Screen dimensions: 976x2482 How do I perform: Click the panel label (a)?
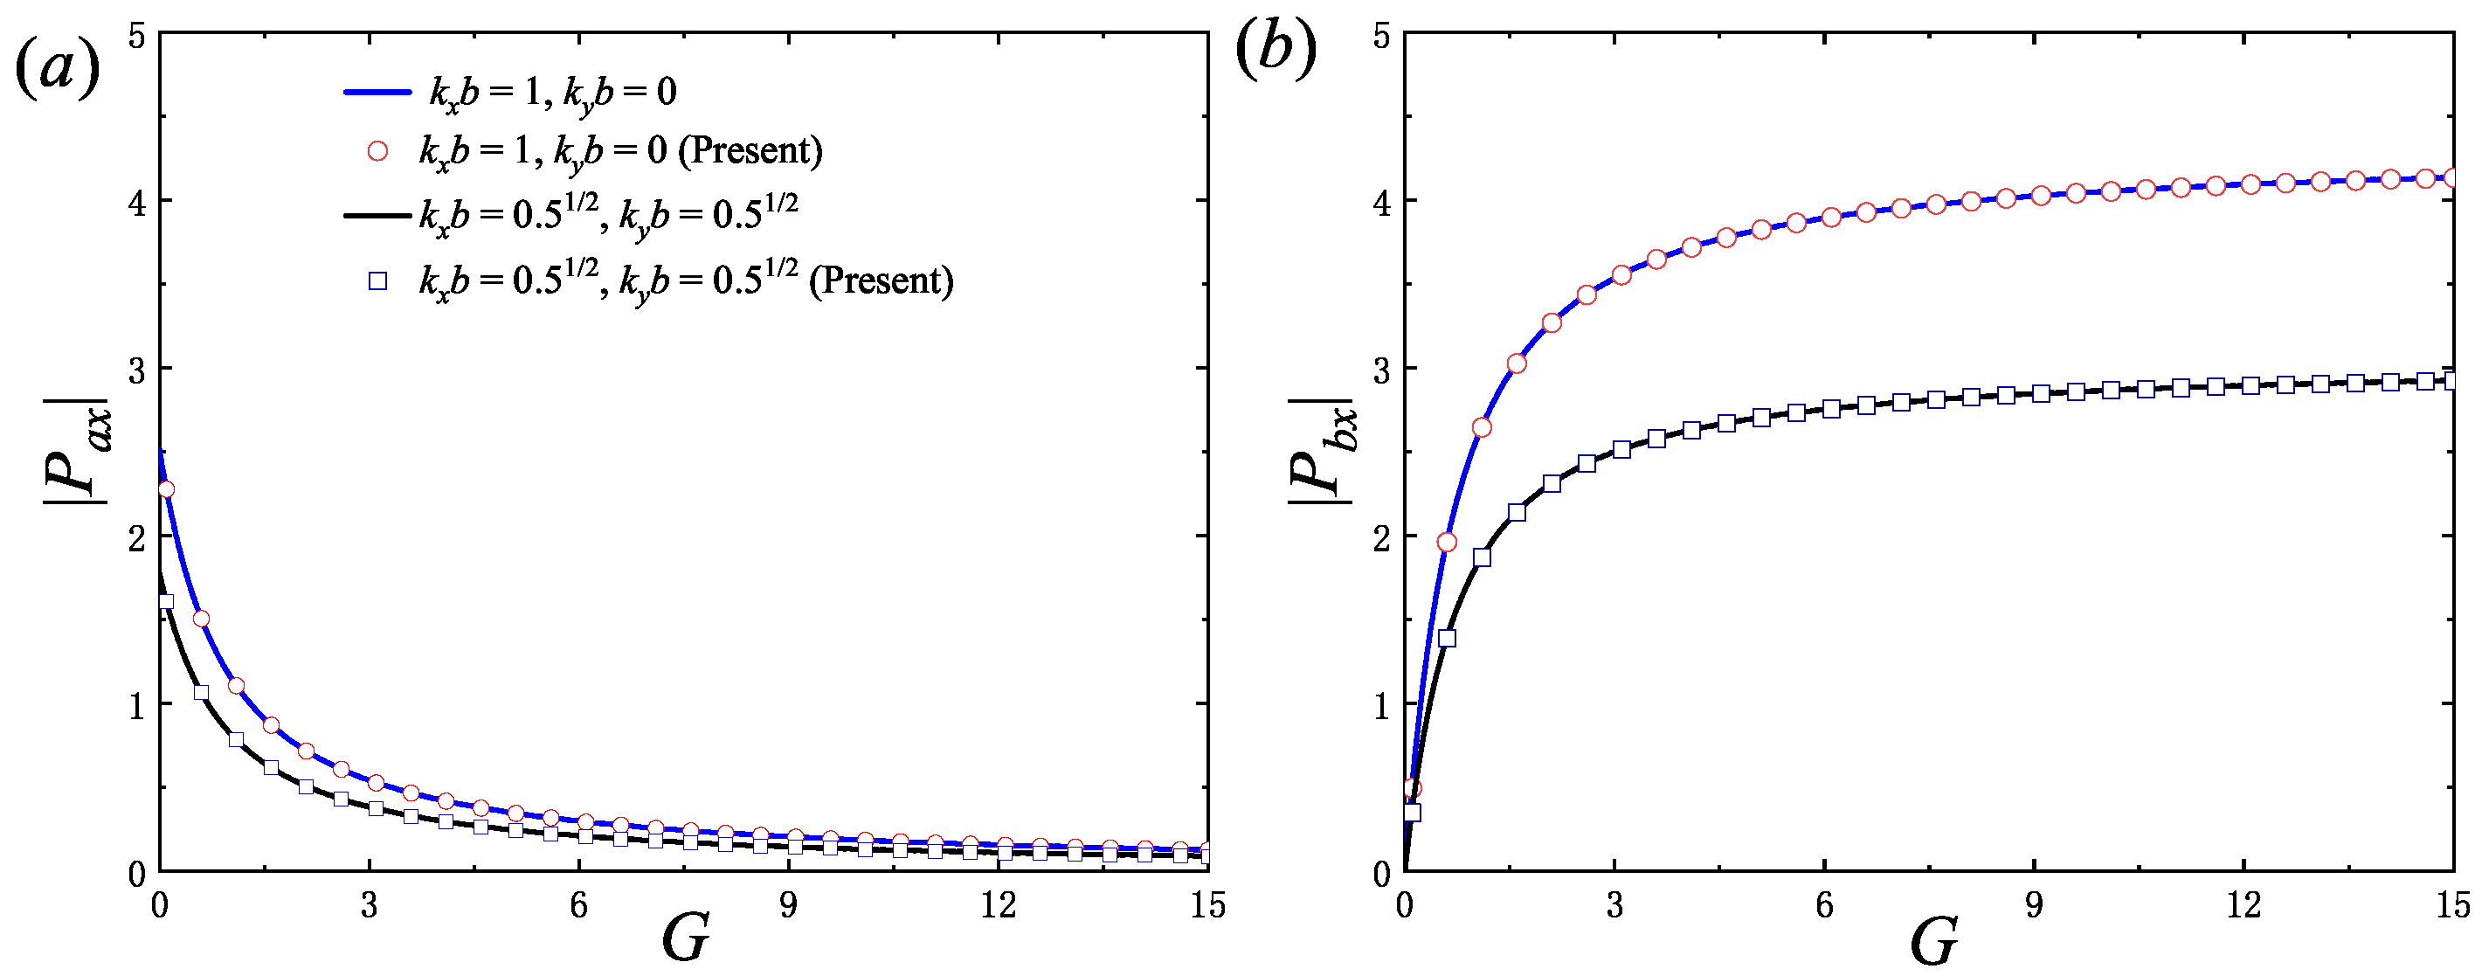pos(58,69)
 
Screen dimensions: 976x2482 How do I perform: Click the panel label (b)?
pos(1276,50)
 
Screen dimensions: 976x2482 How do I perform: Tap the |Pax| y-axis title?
pos(77,451)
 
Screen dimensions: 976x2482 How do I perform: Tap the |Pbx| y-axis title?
pos(1322,451)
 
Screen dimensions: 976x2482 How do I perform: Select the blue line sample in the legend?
pos(377,93)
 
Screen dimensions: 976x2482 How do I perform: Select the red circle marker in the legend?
pos(377,151)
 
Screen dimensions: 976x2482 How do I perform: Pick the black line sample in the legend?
pos(377,216)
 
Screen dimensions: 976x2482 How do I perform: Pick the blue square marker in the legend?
pos(377,280)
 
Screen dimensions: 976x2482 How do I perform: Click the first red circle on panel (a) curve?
pos(166,488)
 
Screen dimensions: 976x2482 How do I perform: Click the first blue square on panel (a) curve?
pos(166,601)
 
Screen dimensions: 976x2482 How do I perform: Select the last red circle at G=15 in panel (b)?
pos(2453,177)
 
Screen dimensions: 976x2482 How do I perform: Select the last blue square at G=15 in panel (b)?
pos(2453,381)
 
